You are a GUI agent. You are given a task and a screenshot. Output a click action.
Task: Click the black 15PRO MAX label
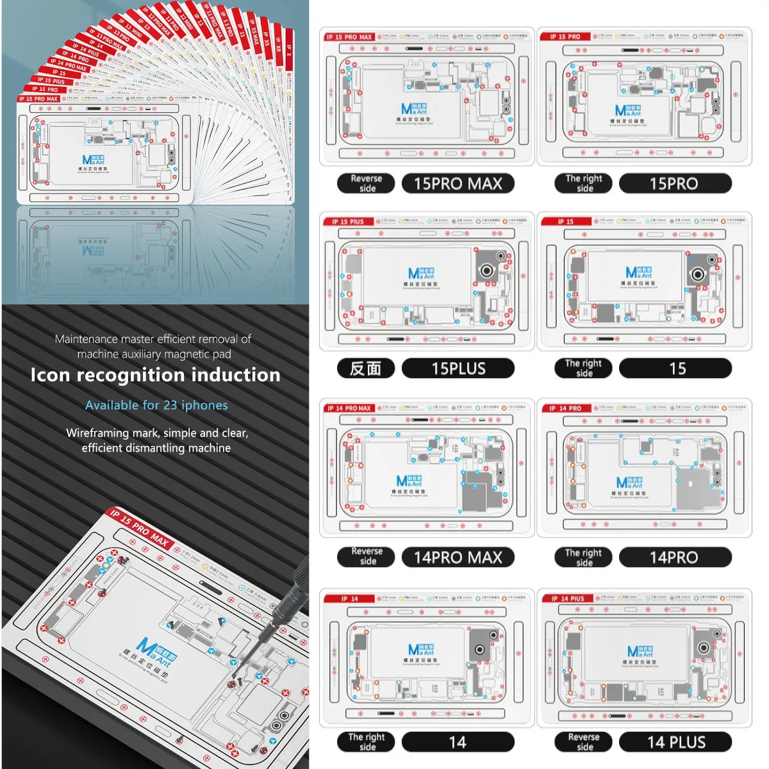coord(458,184)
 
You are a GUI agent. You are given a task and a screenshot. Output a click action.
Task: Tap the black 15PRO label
coord(674,184)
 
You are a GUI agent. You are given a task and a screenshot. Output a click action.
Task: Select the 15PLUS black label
coord(458,368)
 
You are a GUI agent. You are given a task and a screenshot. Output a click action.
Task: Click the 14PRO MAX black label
coord(458,558)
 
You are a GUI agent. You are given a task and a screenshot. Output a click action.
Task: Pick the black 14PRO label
coord(674,558)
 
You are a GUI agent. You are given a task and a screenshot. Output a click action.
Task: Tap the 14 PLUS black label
coord(675,742)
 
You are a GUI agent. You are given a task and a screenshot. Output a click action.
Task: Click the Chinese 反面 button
coord(365,368)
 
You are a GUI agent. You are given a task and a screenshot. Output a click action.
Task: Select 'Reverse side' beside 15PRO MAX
coord(366,184)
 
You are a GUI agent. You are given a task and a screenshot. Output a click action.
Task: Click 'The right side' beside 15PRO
coord(583,184)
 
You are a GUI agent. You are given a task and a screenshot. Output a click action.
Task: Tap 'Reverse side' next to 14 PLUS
coord(583,742)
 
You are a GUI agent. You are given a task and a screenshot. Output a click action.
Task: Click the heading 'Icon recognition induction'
coord(155,375)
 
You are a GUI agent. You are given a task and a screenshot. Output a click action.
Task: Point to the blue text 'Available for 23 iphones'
coord(156,405)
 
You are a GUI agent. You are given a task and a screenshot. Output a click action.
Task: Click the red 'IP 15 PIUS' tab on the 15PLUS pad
coord(348,222)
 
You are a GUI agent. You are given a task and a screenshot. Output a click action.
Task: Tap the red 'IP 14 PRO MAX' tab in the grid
coord(349,408)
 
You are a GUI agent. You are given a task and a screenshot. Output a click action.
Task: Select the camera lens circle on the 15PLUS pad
coord(486,271)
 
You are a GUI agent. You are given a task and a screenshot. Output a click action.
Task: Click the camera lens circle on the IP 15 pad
coord(698,274)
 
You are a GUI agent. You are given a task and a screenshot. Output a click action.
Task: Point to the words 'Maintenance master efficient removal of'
coord(153,339)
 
